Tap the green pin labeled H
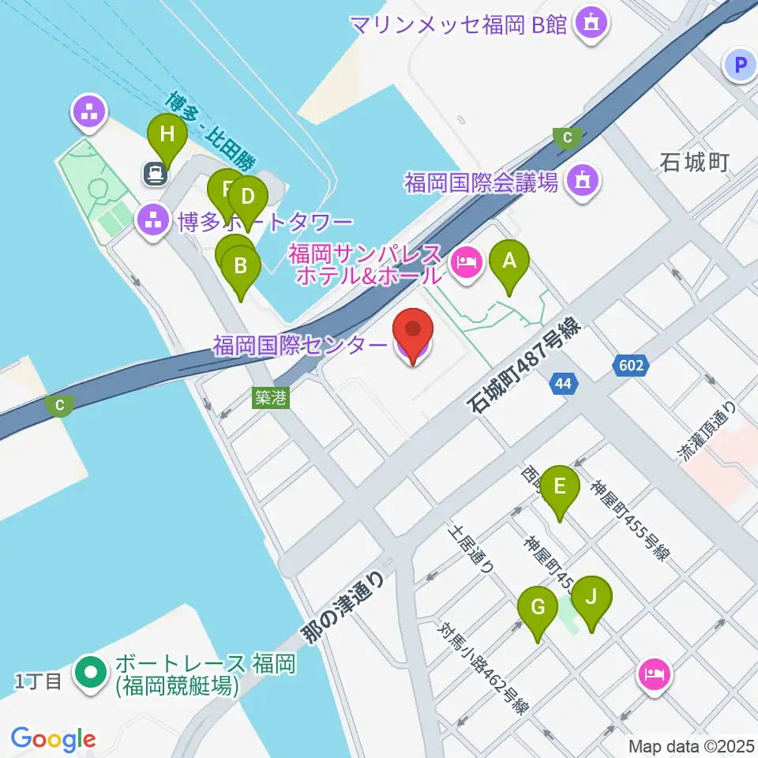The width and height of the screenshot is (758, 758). [167, 135]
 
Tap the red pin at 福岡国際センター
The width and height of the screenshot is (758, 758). [413, 332]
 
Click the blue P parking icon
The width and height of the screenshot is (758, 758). [741, 66]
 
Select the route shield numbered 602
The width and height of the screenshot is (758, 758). [632, 366]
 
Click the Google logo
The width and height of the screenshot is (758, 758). [53, 739]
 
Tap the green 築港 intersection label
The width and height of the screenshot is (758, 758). [270, 398]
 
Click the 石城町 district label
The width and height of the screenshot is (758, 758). [694, 163]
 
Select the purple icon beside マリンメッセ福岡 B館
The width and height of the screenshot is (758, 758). [591, 24]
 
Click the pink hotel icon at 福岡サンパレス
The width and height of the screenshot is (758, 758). [467, 261]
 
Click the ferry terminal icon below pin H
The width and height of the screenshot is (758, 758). [155, 173]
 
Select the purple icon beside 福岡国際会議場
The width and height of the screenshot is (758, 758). [583, 182]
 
